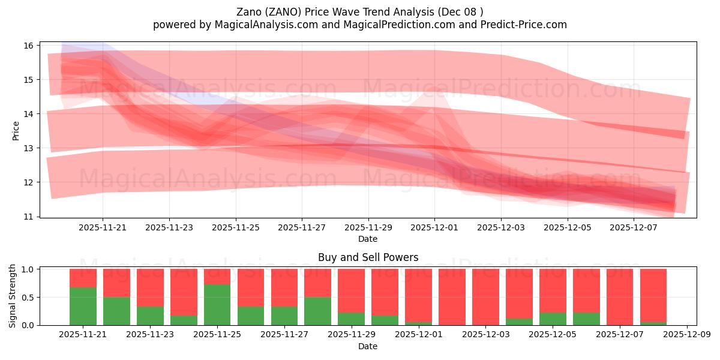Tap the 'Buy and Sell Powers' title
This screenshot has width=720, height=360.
coord(368,257)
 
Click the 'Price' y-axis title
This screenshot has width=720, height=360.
coord(16,131)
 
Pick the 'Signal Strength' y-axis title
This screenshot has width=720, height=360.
coord(13,296)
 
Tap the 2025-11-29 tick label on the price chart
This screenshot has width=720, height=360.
coord(368,227)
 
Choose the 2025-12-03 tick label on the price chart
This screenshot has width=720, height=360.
coord(501,227)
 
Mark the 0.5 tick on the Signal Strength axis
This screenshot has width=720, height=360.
coord(29,298)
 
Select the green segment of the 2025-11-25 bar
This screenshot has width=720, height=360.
coord(217,304)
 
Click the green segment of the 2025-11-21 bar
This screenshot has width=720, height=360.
coord(83,306)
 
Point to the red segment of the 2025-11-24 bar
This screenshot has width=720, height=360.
coord(184,292)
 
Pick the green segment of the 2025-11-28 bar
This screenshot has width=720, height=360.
coord(317,311)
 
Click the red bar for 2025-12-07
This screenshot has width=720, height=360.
coord(619,297)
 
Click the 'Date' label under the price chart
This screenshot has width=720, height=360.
coord(368,239)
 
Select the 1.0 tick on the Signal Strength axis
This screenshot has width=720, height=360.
coord(29,269)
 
